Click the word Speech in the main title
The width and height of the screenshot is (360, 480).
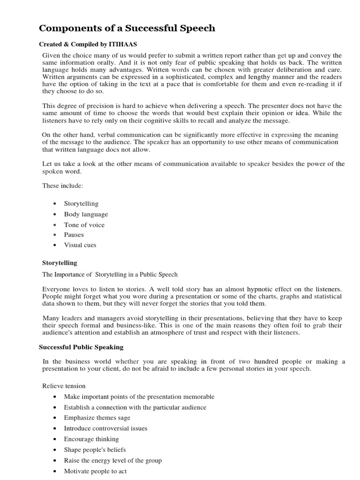coord(195,29)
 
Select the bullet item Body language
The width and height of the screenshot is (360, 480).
coord(86,214)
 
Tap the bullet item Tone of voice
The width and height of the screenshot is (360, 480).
coord(84,225)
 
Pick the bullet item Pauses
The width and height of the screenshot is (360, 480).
coord(74,235)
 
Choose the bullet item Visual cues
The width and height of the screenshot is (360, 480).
coord(80,245)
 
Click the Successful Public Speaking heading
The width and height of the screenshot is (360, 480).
coord(81,347)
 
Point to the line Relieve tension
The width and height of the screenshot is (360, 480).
coord(64,386)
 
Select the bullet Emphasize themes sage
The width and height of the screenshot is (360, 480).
coord(97,418)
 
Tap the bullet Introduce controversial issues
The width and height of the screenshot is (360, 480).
coord(105,428)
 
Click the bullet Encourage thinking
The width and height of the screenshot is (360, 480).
coord(91,439)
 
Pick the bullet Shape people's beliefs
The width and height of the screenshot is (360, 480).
coord(95,450)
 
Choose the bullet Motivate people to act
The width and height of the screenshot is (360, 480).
coord(95,471)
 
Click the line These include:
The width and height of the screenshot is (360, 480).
coord(62,186)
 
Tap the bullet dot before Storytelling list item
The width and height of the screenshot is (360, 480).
coord(55,204)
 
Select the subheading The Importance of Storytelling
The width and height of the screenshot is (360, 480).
coord(110,275)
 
